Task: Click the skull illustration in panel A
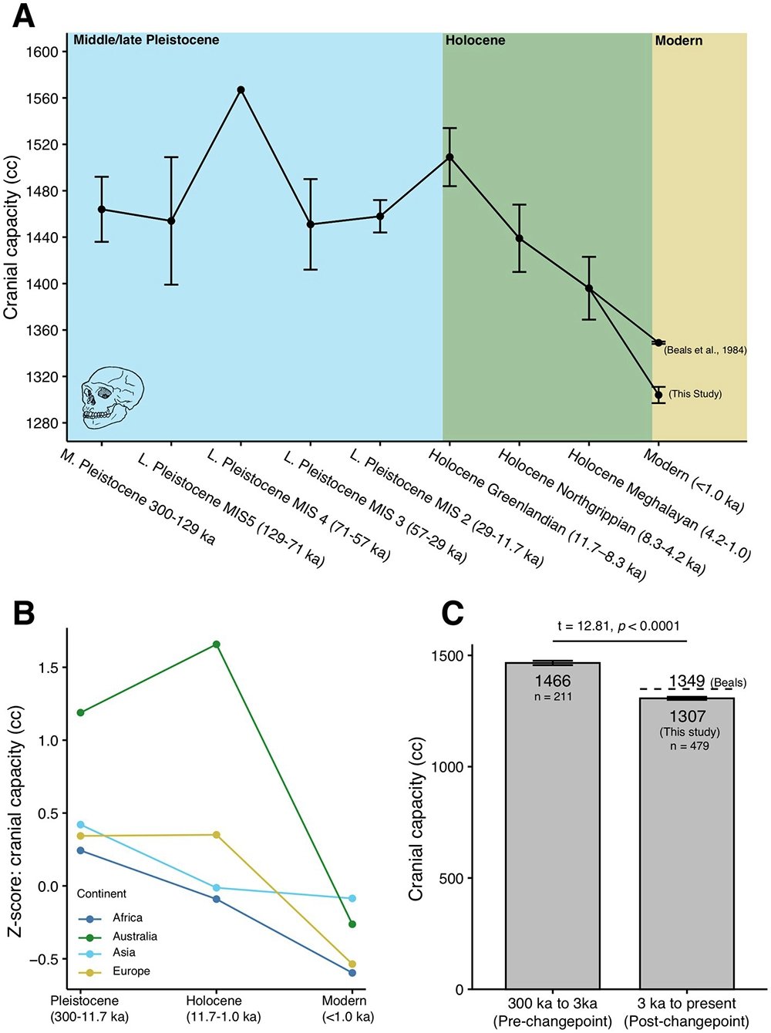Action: (112, 396)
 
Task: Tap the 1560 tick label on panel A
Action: (42, 99)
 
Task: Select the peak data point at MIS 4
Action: (241, 90)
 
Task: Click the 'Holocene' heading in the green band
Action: (475, 40)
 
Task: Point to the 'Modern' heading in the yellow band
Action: (678, 40)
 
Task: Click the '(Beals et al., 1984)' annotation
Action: (705, 350)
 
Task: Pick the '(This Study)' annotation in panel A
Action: (695, 394)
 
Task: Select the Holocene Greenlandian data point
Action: (450, 157)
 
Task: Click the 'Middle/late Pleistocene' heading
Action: (146, 40)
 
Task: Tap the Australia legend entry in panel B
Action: (134, 936)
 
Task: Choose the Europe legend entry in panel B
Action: (131, 971)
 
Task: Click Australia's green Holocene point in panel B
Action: (217, 644)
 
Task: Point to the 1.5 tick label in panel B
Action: (48, 668)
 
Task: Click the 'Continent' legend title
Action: (102, 893)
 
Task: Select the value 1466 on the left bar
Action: (553, 681)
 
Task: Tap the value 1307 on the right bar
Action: (688, 716)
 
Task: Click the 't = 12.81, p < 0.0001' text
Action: (618, 626)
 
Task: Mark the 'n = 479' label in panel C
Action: (689, 746)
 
